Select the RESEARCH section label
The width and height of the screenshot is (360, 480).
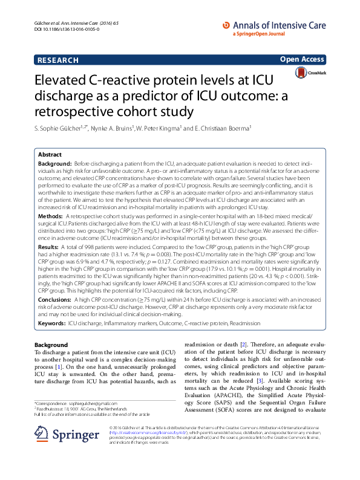click(58, 60)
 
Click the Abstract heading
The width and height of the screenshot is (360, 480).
click(50, 154)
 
